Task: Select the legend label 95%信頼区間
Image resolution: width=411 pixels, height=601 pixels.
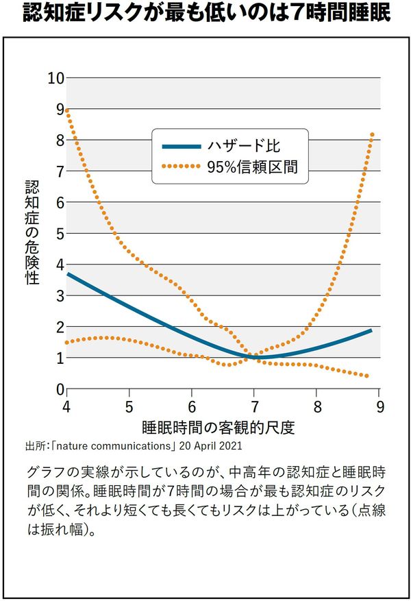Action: [x=253, y=166]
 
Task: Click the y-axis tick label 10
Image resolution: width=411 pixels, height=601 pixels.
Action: [x=55, y=78]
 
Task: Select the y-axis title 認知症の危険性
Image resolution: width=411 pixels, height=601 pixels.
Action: [x=32, y=233]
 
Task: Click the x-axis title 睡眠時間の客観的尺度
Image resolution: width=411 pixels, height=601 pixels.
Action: [x=219, y=428]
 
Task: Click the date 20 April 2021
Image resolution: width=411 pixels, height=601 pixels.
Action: [x=211, y=447]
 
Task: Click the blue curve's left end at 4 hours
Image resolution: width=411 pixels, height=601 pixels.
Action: [x=67, y=273]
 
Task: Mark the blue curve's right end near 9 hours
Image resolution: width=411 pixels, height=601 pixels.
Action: [x=371, y=330]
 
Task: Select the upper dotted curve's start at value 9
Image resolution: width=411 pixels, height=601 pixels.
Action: [x=67, y=110]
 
